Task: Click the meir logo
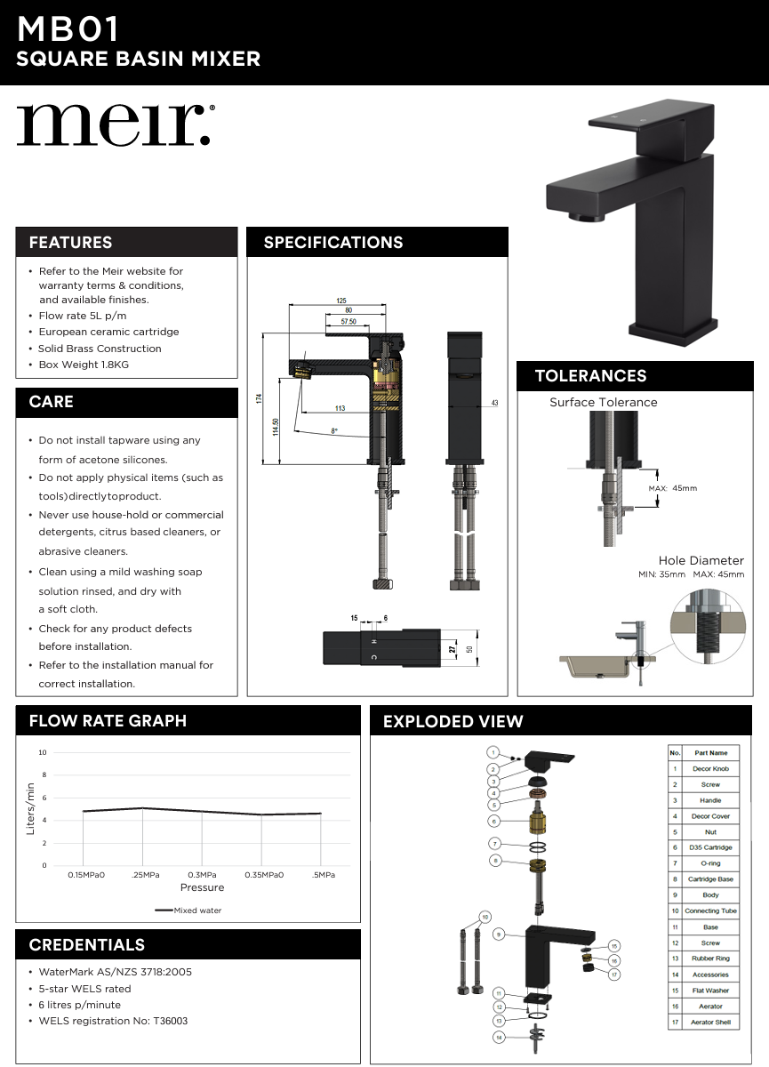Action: (114, 124)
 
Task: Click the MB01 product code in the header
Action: (68, 30)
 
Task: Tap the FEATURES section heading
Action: (70, 243)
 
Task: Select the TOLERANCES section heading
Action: (590, 376)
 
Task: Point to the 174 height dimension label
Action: (260, 399)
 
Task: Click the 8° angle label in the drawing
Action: (334, 430)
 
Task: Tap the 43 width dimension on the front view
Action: (494, 403)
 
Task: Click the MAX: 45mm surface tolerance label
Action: (673, 488)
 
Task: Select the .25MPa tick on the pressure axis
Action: (144, 875)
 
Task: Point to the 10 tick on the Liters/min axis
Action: (43, 752)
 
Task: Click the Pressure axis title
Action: (203, 887)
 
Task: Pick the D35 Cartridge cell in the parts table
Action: (711, 847)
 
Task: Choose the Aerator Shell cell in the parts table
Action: (711, 1023)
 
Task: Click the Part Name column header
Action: (711, 753)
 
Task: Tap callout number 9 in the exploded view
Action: (499, 935)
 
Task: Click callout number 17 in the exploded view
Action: (613, 975)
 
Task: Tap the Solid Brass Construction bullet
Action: (100, 349)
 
